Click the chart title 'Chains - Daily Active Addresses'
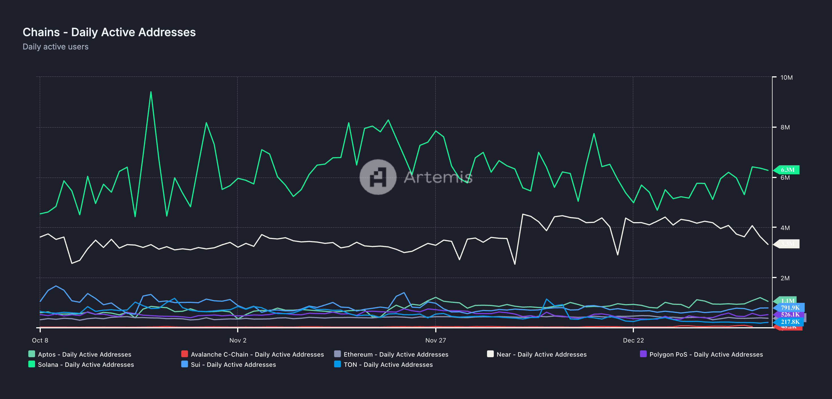[109, 32]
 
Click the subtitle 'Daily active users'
[55, 47]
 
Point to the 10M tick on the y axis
[786, 77]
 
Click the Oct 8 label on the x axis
[40, 340]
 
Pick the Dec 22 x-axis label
[633, 340]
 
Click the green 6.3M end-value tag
[787, 170]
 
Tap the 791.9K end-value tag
[790, 307]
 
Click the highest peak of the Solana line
[151, 92]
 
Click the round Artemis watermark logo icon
[378, 177]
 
